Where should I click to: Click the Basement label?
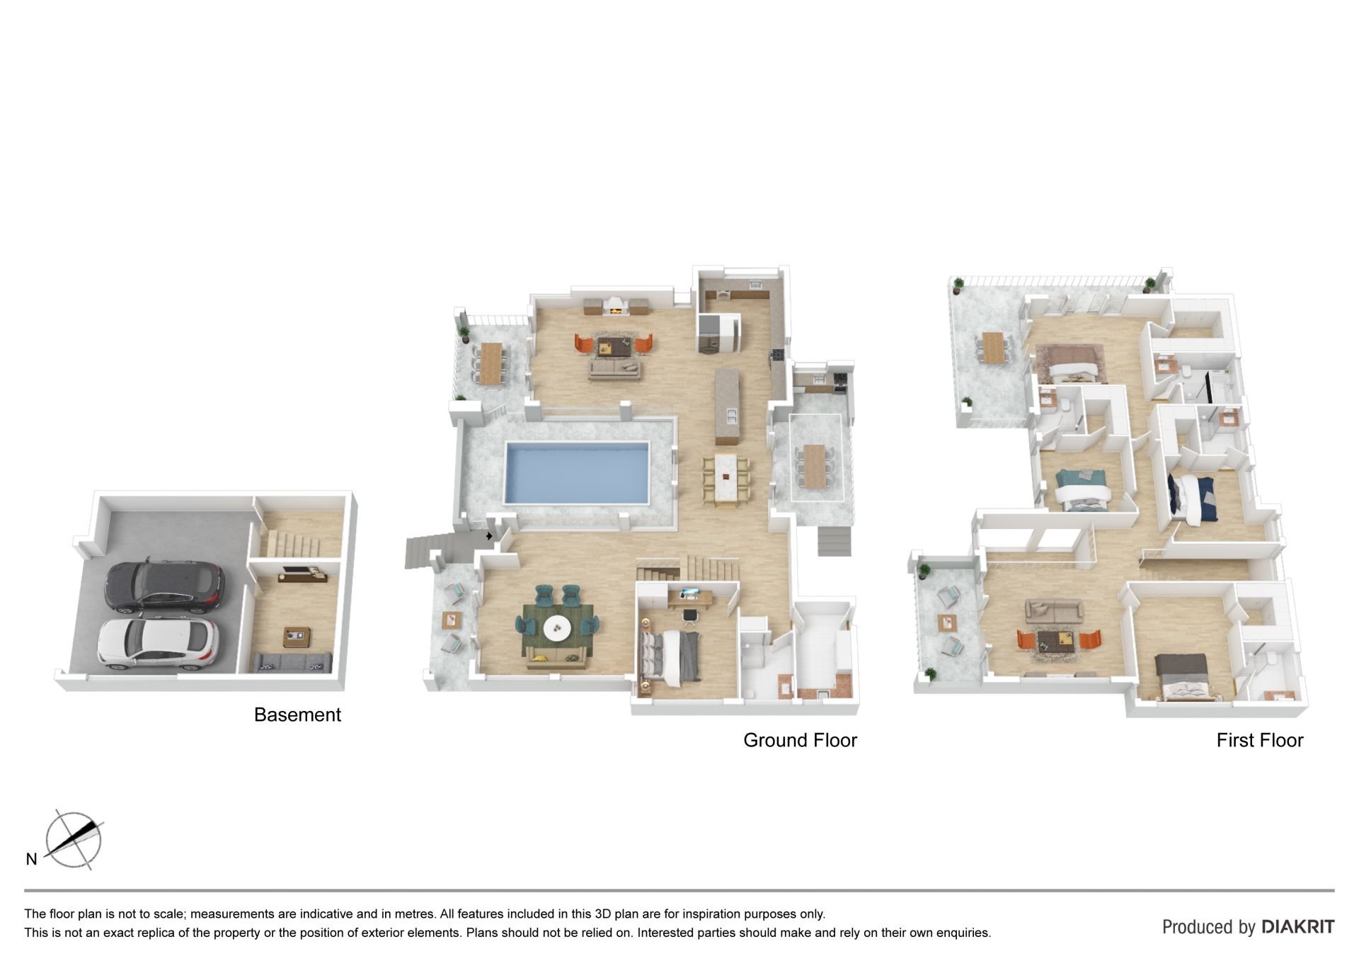pos(297,715)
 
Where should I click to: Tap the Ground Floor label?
pos(800,740)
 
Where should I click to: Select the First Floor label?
pos(1260,740)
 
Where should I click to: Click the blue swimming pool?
pos(576,472)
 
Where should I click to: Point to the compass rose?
pos(73,841)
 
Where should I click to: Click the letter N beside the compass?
pos(31,859)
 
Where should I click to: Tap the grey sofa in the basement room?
pos(293,663)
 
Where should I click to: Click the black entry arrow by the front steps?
pos(489,536)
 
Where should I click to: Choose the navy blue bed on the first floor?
pos(1191,499)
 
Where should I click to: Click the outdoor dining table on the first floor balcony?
pos(994,348)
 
